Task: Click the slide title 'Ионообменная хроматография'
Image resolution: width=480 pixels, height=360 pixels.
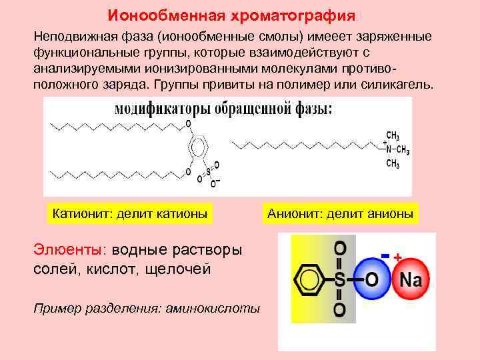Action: pyautogui.click(x=232, y=15)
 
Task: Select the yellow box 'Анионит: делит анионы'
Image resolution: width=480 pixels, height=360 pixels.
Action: pyautogui.click(x=340, y=214)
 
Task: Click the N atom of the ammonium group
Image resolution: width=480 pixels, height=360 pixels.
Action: pyautogui.click(x=390, y=149)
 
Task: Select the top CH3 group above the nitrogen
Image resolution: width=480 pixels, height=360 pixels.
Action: pyautogui.click(x=393, y=134)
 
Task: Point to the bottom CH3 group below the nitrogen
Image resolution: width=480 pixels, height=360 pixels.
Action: pyautogui.click(x=393, y=163)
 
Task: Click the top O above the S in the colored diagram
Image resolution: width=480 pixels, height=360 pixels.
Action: pyautogui.click(x=339, y=249)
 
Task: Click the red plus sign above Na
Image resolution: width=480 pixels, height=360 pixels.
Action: pyautogui.click(x=398, y=257)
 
